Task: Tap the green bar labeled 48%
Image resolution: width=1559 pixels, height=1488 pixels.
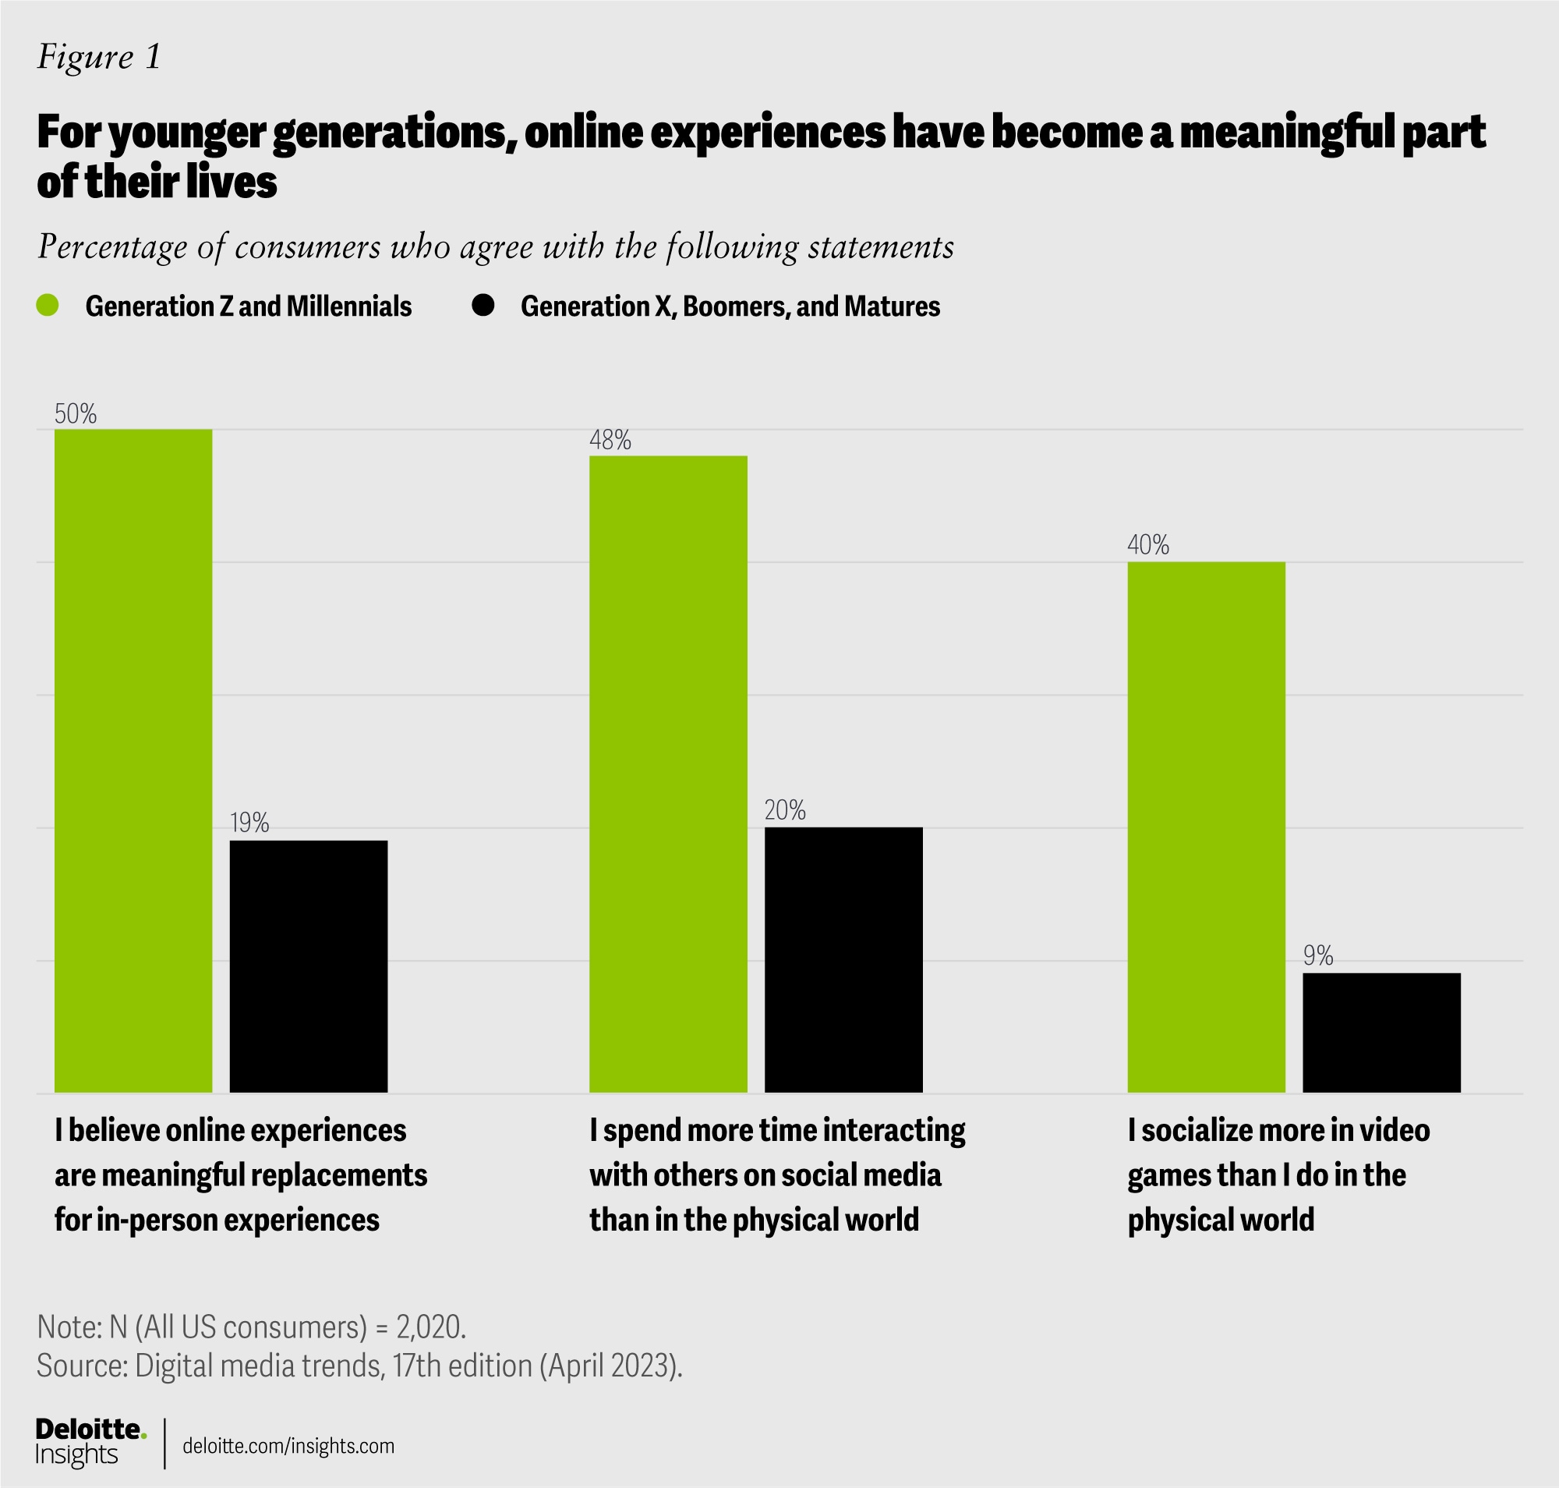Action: pyautogui.click(x=668, y=774)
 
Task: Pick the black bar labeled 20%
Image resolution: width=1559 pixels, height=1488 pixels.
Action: pyautogui.click(x=843, y=960)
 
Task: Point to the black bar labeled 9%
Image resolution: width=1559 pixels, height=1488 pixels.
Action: pyautogui.click(x=1381, y=1033)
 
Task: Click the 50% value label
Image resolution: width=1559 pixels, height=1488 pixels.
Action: pyautogui.click(x=76, y=414)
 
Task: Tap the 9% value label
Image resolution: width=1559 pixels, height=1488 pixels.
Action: pyautogui.click(x=1318, y=957)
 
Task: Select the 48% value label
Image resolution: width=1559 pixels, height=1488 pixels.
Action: pyautogui.click(x=610, y=441)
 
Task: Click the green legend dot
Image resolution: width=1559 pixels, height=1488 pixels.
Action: pyautogui.click(x=48, y=306)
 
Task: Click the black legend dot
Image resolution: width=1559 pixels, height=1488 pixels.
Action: pyautogui.click(x=483, y=306)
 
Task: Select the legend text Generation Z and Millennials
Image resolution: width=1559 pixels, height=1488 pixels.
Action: pyautogui.click(x=248, y=306)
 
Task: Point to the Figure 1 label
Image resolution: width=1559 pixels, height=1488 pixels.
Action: pyautogui.click(x=99, y=57)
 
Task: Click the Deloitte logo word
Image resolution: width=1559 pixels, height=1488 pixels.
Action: pyautogui.click(x=89, y=1429)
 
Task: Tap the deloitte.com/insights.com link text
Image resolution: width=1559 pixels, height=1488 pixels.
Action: pyautogui.click(x=288, y=1446)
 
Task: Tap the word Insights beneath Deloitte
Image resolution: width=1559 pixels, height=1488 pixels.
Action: pyautogui.click(x=76, y=1454)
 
